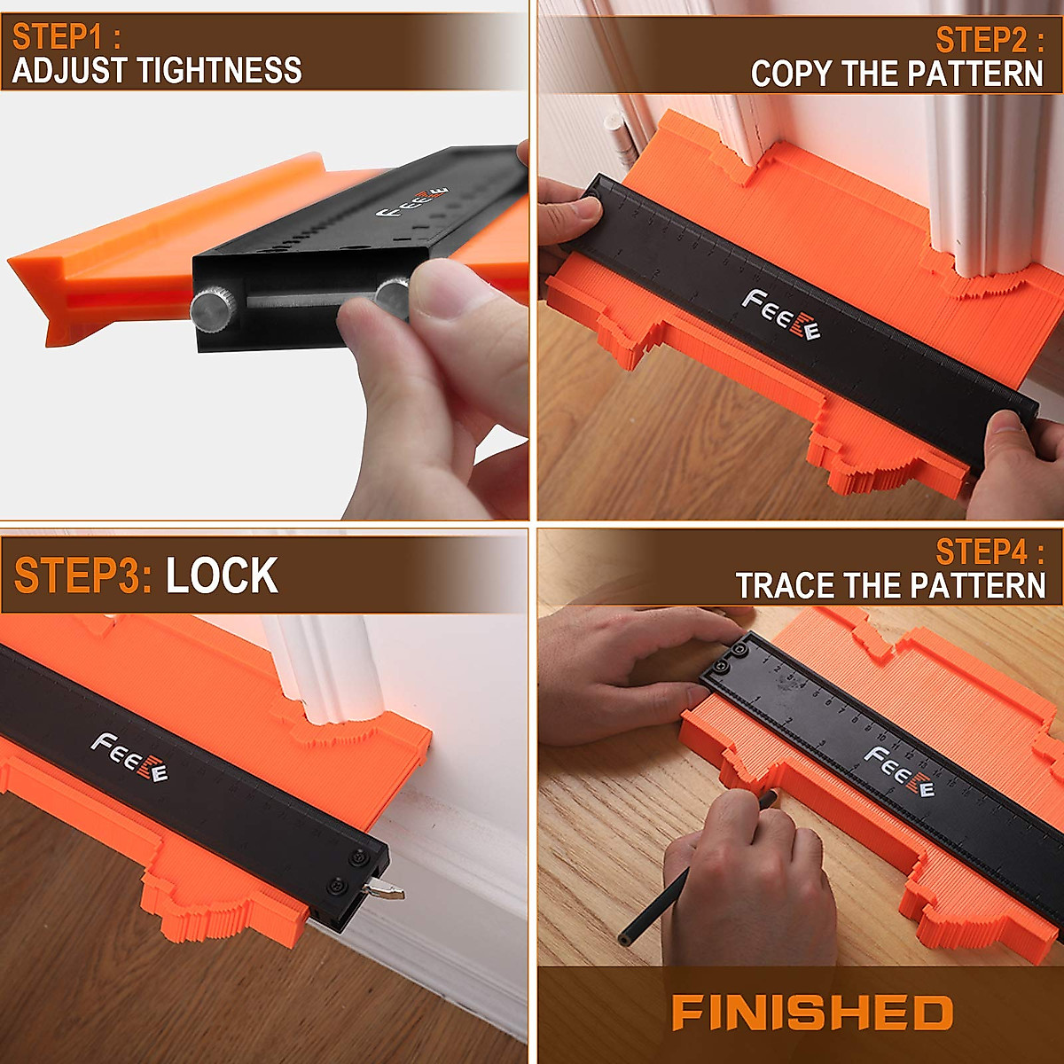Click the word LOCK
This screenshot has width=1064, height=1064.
tap(222, 576)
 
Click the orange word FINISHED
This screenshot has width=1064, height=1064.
tap(812, 1013)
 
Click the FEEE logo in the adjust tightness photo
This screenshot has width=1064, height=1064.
tap(413, 207)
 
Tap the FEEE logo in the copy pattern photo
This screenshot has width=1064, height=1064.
tap(781, 316)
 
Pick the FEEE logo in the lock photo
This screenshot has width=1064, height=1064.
tap(129, 757)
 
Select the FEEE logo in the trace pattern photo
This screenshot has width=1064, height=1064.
tap(899, 771)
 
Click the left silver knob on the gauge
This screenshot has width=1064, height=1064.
tap(210, 306)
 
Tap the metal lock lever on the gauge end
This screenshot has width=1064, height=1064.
tap(387, 890)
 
